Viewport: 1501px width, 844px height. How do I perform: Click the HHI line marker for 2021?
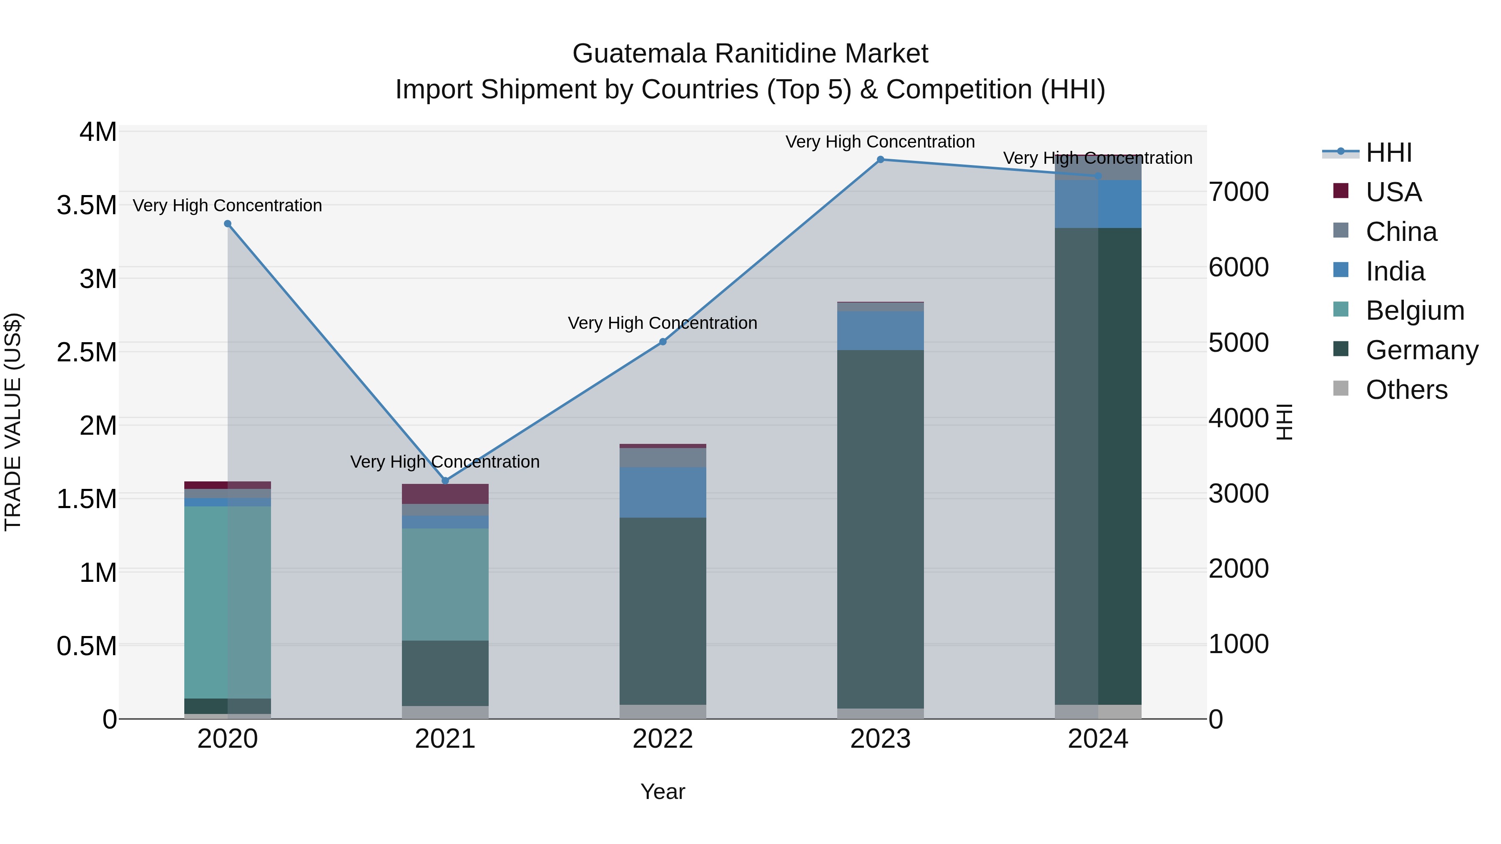pyautogui.click(x=445, y=481)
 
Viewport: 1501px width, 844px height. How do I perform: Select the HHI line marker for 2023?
pyautogui.click(x=881, y=160)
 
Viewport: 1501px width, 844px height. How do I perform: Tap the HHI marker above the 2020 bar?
pyautogui.click(x=228, y=224)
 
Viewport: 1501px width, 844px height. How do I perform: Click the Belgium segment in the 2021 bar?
pyautogui.click(x=445, y=584)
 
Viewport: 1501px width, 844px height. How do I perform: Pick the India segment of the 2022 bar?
pyautogui.click(x=663, y=492)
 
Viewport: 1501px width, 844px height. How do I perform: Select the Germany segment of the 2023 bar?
pyautogui.click(x=881, y=529)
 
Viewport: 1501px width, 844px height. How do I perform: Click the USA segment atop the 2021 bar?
pyautogui.click(x=445, y=494)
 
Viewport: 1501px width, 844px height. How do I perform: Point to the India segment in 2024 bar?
pyautogui.click(x=1098, y=204)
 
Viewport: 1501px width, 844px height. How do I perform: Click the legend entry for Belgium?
pyautogui.click(x=1414, y=311)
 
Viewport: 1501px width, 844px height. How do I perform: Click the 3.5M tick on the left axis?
pyautogui.click(x=87, y=205)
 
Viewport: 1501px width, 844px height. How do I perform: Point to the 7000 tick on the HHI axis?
pyautogui.click(x=1238, y=192)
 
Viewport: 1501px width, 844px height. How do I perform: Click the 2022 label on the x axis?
pyautogui.click(x=663, y=739)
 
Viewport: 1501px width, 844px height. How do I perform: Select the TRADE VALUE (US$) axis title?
pyautogui.click(x=13, y=422)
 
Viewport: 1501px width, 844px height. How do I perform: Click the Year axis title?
pyautogui.click(x=663, y=791)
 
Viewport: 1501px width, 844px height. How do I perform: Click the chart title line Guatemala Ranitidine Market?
pyautogui.click(x=750, y=54)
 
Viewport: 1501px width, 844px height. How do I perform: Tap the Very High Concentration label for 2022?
pyautogui.click(x=663, y=323)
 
